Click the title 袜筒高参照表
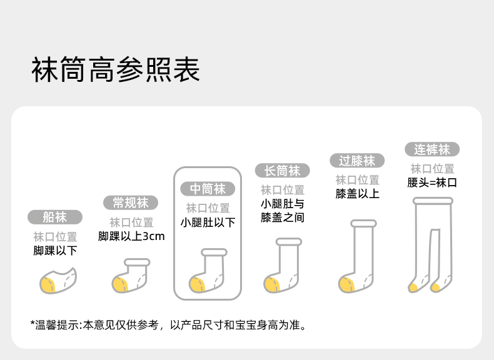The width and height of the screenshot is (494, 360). coord(116,70)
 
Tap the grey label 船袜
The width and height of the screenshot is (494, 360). coord(55,217)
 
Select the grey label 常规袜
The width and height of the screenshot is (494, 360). coord(130,202)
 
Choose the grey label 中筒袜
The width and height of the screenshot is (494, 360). coord(208,189)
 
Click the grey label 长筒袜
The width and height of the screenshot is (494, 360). coord(282,171)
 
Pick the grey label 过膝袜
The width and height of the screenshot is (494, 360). coord(356,161)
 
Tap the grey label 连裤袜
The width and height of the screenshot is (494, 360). coord(431,149)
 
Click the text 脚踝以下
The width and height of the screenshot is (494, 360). coord(55,251)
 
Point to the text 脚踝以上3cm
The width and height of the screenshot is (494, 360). coord(131,237)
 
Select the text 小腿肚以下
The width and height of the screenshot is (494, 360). coord(208,222)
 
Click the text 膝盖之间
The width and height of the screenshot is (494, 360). coord(282,217)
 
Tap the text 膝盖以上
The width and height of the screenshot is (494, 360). coord(357,194)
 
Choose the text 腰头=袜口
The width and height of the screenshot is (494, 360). coord(431,183)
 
